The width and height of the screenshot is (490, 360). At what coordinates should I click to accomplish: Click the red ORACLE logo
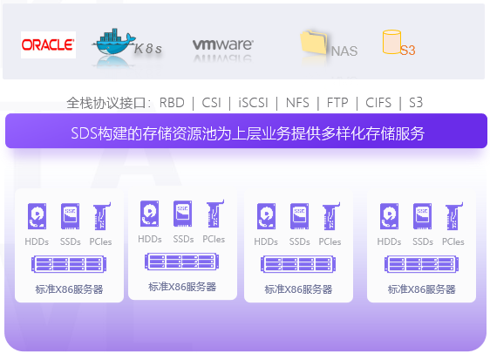coord(48,44)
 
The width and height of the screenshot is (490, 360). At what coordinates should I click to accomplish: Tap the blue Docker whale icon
coord(114,42)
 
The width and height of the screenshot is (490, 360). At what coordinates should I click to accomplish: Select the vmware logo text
coord(223,44)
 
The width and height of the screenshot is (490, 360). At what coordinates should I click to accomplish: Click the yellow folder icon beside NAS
coord(313,42)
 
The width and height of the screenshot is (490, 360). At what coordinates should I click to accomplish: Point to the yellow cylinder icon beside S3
coord(391,42)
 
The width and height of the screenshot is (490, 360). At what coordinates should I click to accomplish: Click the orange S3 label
coord(407,51)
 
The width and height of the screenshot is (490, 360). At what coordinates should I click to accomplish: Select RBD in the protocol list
coord(172,103)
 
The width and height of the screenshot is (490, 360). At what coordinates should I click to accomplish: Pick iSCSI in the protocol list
coord(253,103)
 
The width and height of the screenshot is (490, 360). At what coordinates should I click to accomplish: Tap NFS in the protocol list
coord(297,103)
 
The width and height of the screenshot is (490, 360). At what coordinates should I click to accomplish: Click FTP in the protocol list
coord(337,103)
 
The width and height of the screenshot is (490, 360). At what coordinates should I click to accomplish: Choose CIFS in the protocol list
coord(378,103)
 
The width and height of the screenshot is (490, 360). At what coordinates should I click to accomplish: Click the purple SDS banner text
coord(248,133)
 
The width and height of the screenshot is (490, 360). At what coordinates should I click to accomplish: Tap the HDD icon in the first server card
coord(37,216)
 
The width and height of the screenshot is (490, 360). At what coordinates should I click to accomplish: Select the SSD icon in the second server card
coord(183,214)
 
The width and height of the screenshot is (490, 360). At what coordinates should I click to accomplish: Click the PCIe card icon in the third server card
coord(330,216)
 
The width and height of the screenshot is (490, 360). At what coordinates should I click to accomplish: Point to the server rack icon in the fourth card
coord(422,264)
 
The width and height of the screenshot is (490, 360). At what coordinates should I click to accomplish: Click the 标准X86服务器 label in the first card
coord(69,289)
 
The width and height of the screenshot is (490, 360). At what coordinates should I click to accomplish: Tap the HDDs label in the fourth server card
coord(389,241)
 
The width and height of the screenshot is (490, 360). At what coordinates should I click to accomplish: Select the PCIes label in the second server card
coord(214,239)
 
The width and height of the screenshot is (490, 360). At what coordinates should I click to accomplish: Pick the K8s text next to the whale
coord(148,49)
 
